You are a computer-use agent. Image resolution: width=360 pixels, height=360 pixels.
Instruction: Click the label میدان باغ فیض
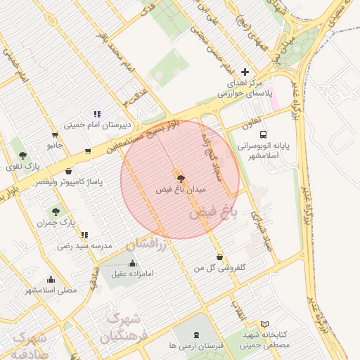(x=180, y=191)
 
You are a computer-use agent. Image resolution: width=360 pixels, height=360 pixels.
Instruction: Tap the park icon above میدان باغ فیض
(x=180, y=179)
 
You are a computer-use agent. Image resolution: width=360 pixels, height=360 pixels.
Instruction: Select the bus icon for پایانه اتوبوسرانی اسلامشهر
(x=263, y=134)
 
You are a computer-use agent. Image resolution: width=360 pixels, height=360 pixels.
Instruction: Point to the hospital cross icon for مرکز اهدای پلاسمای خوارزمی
(x=245, y=72)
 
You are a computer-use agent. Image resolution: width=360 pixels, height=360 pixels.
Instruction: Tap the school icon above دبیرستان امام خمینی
(x=97, y=113)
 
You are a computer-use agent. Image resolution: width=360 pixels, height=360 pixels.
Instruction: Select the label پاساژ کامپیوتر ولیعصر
(x=70, y=182)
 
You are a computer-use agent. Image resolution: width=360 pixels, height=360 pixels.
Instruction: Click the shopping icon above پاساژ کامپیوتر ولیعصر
(x=68, y=171)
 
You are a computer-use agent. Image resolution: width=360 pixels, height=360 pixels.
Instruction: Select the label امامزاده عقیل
(x=133, y=274)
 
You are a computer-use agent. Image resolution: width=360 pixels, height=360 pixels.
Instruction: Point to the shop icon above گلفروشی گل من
(x=221, y=257)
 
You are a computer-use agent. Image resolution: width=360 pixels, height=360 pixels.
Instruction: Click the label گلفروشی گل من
(x=221, y=269)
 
